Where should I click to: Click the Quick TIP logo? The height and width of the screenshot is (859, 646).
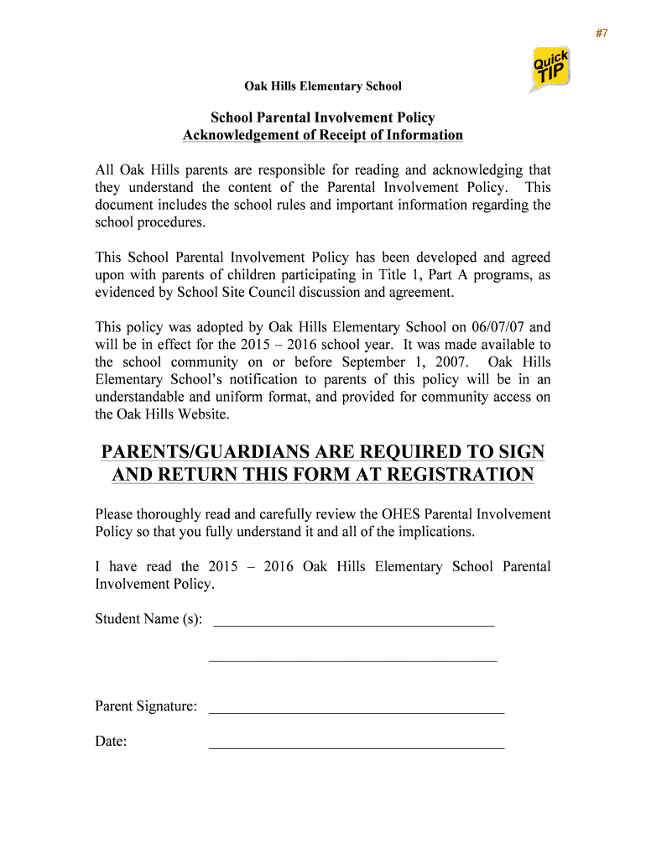click(x=550, y=70)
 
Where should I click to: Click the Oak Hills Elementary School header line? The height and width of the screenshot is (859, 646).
click(x=323, y=86)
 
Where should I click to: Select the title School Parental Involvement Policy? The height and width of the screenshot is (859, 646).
click(x=323, y=118)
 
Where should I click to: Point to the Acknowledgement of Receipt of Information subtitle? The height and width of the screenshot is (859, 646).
click(x=323, y=136)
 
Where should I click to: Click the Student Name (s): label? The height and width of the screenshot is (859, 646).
click(x=148, y=619)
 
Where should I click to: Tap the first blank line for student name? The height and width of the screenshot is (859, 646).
click(x=354, y=625)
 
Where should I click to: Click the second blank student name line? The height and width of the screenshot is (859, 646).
click(x=352, y=661)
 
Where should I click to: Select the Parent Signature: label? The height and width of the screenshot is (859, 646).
click(x=146, y=706)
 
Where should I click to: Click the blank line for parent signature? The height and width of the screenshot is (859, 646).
click(x=357, y=712)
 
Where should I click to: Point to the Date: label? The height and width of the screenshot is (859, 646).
click(x=111, y=742)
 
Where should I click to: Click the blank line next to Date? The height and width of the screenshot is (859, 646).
click(x=357, y=747)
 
